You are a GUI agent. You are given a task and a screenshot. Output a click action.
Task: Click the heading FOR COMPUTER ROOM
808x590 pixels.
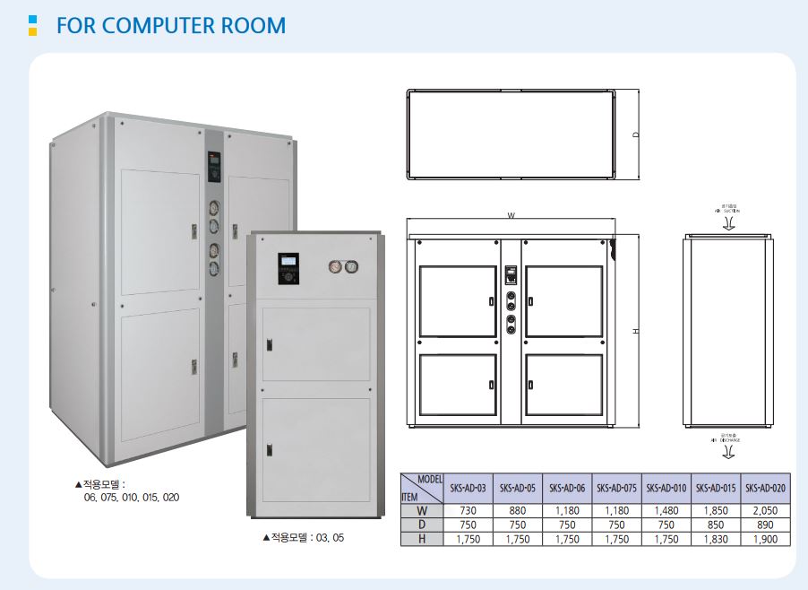click(x=171, y=25)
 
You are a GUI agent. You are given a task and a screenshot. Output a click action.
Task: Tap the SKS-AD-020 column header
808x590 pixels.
click(x=766, y=488)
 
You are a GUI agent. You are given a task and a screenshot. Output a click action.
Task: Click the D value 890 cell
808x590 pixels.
click(x=766, y=525)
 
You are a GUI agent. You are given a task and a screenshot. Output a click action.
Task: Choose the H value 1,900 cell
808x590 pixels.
click(x=766, y=539)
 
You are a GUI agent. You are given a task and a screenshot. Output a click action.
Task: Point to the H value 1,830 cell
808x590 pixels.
click(x=716, y=539)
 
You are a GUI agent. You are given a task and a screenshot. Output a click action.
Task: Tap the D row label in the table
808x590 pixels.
click(x=422, y=525)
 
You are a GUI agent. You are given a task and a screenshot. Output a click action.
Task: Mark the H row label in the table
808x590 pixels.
click(x=422, y=539)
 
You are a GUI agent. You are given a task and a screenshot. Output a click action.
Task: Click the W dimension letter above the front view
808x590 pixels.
click(x=511, y=215)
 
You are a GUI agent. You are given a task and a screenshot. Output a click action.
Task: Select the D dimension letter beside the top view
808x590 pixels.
click(x=635, y=134)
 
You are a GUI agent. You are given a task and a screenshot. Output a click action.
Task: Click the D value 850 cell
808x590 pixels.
click(x=716, y=525)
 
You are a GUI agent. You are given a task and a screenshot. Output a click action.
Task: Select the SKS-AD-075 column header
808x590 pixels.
click(x=616, y=488)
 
